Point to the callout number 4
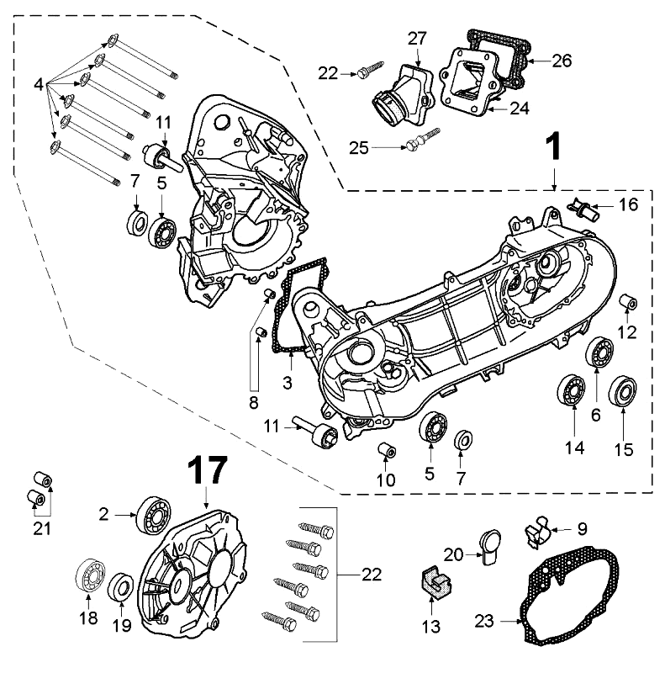(x=38, y=86)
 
